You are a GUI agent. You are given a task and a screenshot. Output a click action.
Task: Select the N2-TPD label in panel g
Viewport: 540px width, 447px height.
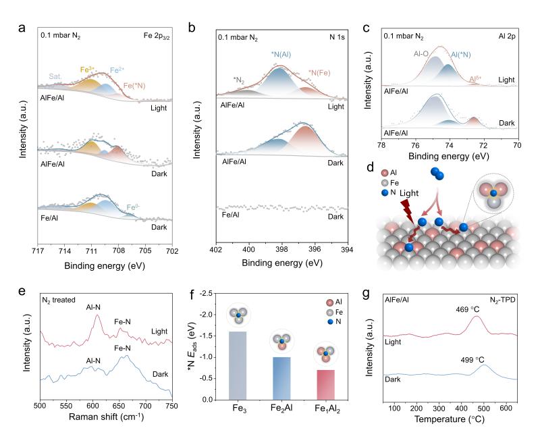[500, 296]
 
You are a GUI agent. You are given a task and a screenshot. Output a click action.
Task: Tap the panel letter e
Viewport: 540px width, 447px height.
[23, 290]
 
